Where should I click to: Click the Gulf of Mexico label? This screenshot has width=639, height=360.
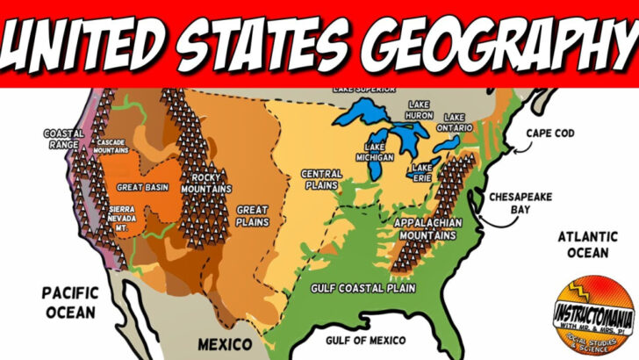click(365, 340)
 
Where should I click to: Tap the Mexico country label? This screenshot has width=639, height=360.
click(224, 342)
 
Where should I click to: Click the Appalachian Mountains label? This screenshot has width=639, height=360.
click(426, 228)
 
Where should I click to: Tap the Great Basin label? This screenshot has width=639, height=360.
click(144, 187)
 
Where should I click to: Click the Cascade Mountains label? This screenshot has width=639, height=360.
click(111, 147)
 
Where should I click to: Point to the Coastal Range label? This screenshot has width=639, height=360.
click(63, 139)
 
